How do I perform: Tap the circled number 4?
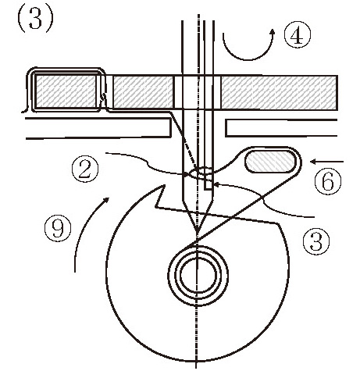[297, 34]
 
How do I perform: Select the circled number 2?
[85, 170]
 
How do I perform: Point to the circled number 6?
[328, 181]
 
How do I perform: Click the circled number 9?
[58, 228]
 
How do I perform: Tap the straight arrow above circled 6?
[327, 162]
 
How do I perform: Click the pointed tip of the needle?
[198, 233]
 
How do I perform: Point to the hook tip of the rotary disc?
[164, 185]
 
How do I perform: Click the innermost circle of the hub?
[198, 275]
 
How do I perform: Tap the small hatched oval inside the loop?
[271, 161]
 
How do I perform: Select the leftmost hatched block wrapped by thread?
[66, 91]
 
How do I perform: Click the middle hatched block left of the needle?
[143, 92]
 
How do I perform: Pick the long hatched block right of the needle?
[280, 92]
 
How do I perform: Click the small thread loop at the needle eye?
[201, 172]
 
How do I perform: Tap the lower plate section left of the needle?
[98, 128]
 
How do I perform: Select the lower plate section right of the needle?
[281, 128]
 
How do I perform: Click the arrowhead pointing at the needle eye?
[216, 184]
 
